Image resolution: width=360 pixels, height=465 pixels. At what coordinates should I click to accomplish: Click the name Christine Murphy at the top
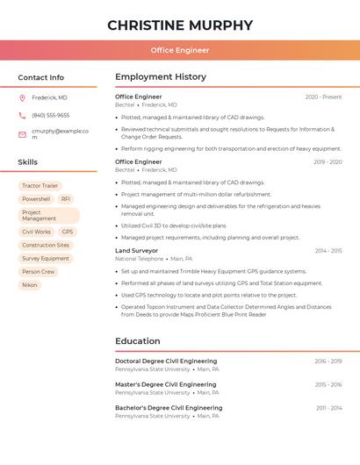pos(180,25)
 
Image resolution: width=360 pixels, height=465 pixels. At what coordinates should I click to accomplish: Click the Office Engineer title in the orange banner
pos(180,50)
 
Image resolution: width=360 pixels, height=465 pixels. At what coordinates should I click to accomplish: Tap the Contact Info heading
pos(41,77)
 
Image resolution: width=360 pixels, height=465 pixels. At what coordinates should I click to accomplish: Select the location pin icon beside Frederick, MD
pos(22,97)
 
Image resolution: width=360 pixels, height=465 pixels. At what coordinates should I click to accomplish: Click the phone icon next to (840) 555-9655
pos(22,115)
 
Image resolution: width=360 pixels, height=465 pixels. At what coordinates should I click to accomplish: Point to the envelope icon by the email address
pos(22,133)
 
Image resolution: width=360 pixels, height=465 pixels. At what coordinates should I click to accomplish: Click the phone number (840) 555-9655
pos(51,115)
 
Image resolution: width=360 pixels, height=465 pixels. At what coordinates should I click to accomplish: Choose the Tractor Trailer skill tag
pos(40,186)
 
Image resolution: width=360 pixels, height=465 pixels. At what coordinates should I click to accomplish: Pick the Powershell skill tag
pos(36,199)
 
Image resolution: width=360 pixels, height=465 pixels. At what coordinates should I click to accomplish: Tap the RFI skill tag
pos(66,199)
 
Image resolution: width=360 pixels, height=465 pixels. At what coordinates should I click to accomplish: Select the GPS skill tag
pos(68,232)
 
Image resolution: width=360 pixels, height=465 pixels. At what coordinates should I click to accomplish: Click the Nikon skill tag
pos(30,285)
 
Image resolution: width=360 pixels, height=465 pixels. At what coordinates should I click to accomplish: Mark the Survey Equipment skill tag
pos(46,259)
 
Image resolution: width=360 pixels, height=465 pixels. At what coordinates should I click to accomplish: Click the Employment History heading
pos(161,77)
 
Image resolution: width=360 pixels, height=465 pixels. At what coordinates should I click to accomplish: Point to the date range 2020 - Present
pos(323,97)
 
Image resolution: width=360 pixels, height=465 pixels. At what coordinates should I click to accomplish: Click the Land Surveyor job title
pos(136,251)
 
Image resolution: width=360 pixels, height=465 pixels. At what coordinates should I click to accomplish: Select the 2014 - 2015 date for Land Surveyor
pos(328,251)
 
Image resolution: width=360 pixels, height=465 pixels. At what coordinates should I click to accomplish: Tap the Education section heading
pos(138,341)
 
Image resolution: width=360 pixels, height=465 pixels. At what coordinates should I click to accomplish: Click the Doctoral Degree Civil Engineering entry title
pos(166,361)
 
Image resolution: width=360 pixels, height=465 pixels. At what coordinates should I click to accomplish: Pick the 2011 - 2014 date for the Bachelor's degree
pos(328,408)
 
